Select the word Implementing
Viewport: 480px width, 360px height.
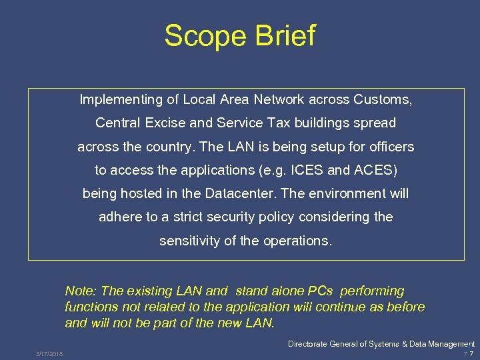(121, 100)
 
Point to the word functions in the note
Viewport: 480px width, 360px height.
(91, 307)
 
